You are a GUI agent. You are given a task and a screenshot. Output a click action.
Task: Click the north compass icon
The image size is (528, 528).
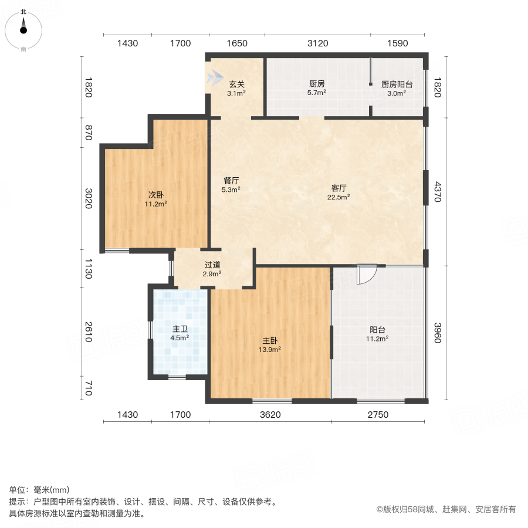[23, 27]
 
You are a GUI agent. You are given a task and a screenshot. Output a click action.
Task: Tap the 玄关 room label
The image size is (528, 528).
[236, 84]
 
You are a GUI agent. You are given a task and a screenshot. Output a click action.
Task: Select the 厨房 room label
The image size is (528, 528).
[317, 84]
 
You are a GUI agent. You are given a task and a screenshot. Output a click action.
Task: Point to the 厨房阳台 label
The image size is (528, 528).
[397, 84]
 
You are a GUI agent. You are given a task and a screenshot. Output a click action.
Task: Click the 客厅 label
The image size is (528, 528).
[339, 188]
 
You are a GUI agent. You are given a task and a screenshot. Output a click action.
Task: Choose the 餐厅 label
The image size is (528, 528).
[231, 181]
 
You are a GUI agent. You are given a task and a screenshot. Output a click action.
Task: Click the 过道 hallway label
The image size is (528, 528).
[212, 265]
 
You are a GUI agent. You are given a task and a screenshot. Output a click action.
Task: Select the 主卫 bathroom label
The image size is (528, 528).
[179, 329]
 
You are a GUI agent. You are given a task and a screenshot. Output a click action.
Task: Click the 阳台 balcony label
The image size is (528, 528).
[377, 330]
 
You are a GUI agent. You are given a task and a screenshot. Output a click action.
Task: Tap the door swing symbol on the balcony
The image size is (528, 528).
[366, 275]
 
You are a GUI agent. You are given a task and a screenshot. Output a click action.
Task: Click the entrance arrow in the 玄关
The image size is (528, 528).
[214, 77]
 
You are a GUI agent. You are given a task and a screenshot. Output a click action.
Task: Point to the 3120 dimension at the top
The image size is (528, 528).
[318, 43]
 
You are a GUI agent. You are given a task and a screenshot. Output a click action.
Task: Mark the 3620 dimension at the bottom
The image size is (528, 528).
[270, 415]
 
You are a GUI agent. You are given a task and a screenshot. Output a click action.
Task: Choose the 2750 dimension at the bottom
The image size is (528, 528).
[378, 415]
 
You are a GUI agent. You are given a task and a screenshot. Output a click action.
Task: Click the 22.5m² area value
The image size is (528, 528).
[339, 197]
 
